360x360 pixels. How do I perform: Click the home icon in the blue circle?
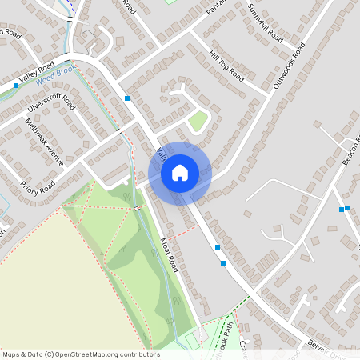pyautogui.click(x=180, y=172)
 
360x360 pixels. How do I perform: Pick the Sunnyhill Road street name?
pyautogui.click(x=266, y=24)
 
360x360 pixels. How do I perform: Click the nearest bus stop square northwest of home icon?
pyautogui.click(x=128, y=98)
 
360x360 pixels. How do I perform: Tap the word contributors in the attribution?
pyautogui.click(x=140, y=354)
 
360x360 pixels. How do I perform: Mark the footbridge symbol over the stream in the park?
pyautogui.click(x=138, y=208)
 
